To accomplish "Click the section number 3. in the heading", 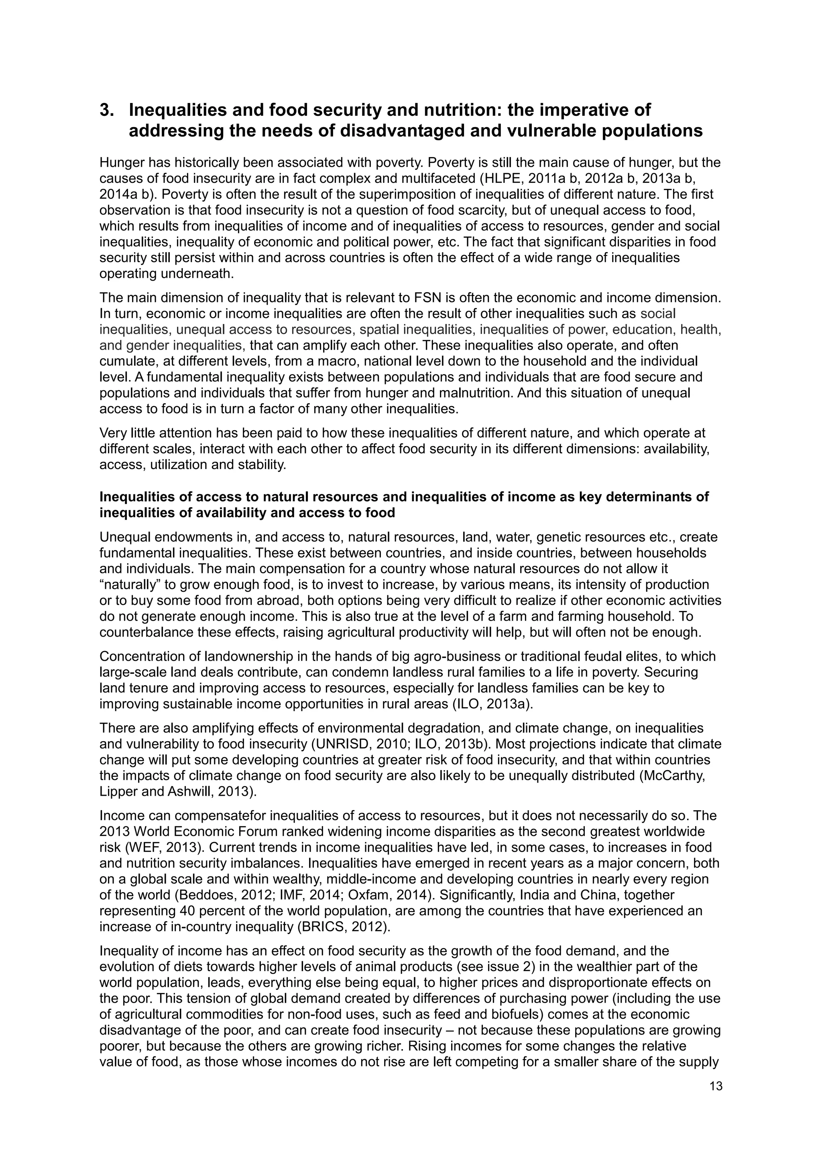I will [107, 110].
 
